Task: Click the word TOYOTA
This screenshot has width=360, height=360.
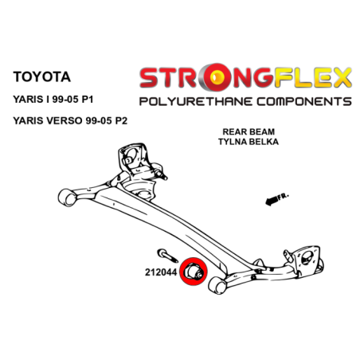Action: pos(41,77)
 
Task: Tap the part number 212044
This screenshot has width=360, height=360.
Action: pos(161,272)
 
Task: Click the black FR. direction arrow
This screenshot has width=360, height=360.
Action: pos(272,202)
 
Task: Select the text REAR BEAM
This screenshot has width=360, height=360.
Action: pos(248,131)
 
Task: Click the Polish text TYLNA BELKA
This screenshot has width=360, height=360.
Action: pos(248,142)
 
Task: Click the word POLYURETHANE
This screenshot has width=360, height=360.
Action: pos(196,102)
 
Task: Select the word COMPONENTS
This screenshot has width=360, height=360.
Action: pos(304,102)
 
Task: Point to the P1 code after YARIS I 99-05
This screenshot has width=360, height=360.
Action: pos(88,100)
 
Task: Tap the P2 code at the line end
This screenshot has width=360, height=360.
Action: pos(121,121)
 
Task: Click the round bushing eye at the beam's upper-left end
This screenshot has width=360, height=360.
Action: pos(67,198)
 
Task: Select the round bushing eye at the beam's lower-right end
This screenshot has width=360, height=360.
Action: pos(217,285)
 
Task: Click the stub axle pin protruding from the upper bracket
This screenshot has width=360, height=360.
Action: pos(161,173)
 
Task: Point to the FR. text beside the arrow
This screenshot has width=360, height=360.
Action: pos(283,197)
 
